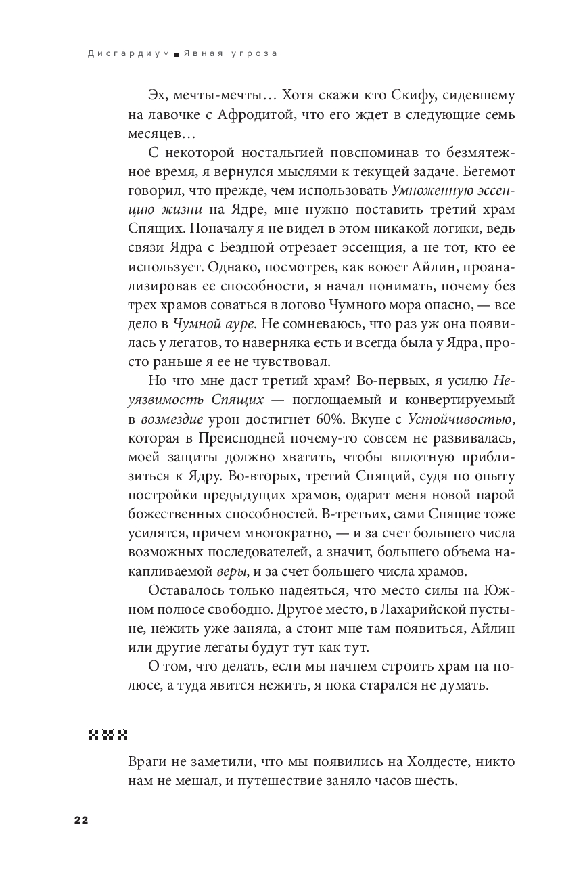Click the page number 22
point(80,820)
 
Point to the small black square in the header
point(176,55)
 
